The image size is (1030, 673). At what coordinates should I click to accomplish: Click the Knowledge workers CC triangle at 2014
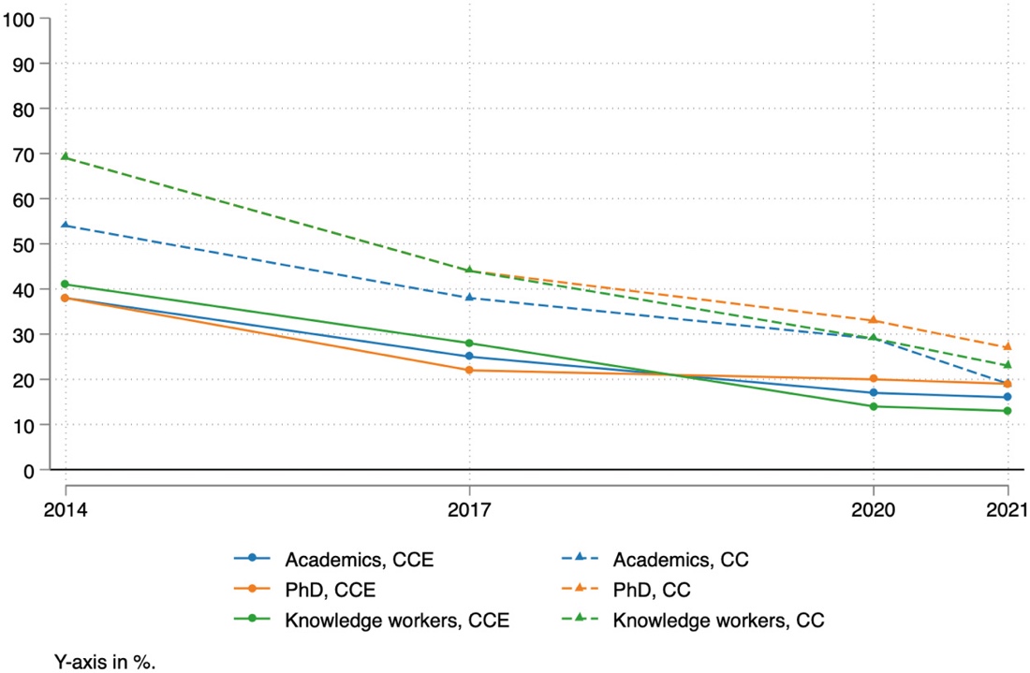coord(66,156)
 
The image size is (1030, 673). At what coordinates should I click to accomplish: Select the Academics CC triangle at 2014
coord(66,225)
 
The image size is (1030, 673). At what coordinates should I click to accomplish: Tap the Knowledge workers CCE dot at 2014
coord(66,284)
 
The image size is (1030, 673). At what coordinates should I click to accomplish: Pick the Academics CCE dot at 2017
coord(469,356)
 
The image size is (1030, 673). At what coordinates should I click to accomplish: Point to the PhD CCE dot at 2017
coord(469,370)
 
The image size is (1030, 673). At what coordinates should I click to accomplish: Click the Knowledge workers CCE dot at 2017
coord(469,343)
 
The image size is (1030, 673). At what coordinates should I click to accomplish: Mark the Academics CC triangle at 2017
coord(469,298)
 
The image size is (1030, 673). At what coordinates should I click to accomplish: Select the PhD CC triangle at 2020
coord(873,320)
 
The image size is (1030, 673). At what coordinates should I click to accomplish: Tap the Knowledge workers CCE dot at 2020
coord(873,406)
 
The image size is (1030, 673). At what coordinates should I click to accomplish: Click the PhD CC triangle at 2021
coord(1008,346)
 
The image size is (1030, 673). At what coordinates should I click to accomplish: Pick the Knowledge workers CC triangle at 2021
coord(1008,365)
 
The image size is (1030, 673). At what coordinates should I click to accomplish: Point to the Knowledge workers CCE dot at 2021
coord(1008,411)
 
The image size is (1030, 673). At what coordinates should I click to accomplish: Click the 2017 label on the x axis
coord(469,511)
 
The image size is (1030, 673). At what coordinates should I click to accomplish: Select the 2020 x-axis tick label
coord(873,511)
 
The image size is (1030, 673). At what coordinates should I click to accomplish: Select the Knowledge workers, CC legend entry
coord(717,620)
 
